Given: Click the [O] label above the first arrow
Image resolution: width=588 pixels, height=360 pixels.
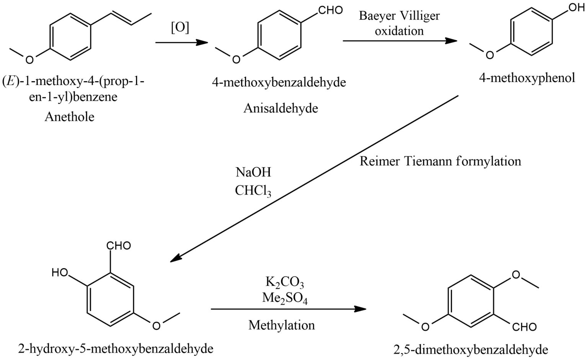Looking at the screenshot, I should click(x=180, y=28).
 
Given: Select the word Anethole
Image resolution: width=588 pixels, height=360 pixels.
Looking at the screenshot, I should click(x=69, y=116).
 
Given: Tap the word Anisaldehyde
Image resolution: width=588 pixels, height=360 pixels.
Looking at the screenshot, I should click(x=281, y=108).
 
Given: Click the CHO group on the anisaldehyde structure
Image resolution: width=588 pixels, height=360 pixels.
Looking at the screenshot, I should click(x=330, y=10).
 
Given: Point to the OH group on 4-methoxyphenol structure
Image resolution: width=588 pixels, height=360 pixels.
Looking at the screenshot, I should click(x=577, y=7).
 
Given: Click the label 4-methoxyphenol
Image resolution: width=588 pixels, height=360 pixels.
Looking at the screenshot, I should click(x=527, y=78).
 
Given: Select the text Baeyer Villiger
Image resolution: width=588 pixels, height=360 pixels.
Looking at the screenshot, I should click(x=399, y=16).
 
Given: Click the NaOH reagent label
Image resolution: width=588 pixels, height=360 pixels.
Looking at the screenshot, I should click(x=253, y=172).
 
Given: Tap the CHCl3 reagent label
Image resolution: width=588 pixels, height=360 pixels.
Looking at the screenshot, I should click(x=253, y=191).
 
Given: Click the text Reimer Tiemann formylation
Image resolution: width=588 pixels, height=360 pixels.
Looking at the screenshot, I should click(x=440, y=161).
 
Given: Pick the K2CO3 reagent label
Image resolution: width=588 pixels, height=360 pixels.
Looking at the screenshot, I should click(x=284, y=283).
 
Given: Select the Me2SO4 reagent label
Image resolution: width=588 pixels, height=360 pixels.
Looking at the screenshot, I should click(x=284, y=298).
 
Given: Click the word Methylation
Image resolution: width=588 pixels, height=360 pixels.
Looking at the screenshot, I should click(x=281, y=325).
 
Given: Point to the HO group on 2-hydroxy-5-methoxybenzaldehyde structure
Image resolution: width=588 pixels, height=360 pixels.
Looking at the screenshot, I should click(x=60, y=273).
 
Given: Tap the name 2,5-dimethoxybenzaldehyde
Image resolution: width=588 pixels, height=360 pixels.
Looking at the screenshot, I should click(x=470, y=349).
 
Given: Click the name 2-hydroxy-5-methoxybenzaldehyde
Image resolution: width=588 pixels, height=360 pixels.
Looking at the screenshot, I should click(x=115, y=349).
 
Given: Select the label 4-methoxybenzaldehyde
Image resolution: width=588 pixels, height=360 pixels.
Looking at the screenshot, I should click(x=279, y=82).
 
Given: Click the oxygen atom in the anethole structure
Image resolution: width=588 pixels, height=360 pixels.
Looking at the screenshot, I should click(x=29, y=59).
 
